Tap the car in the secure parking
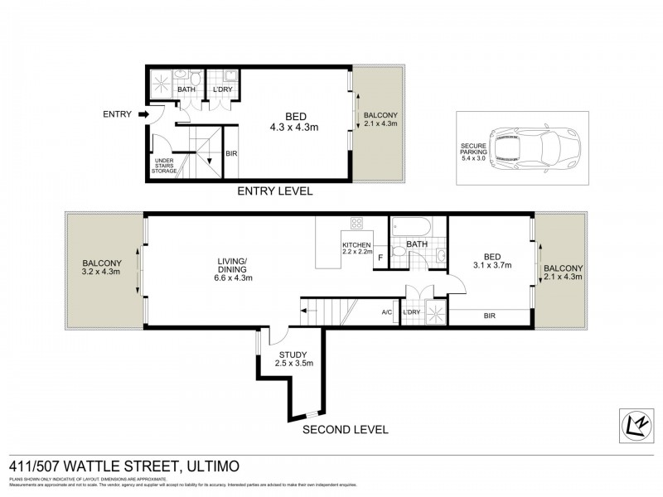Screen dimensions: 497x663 [x=525, y=148]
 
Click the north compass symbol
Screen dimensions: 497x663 [x=635, y=423]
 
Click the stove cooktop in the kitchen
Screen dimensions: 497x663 [x=358, y=224]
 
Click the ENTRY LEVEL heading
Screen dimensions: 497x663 [x=274, y=191]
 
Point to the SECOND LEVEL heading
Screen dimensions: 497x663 [x=345, y=430]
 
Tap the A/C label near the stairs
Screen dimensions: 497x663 [x=386, y=312]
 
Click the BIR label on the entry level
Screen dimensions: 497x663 [x=231, y=153]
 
